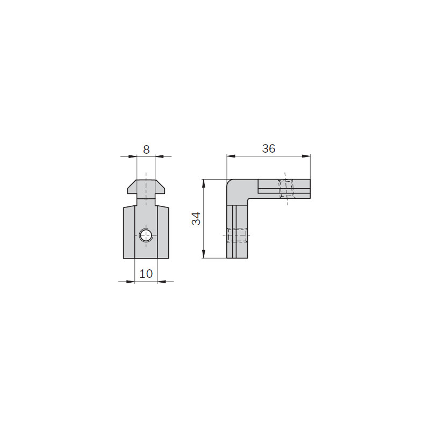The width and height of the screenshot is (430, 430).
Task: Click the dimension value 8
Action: coord(146,150)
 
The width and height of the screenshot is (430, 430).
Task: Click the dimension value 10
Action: coord(146,274)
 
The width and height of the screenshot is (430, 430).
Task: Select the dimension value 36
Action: coord(269,148)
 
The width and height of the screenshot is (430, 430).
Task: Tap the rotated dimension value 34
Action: coord(196,219)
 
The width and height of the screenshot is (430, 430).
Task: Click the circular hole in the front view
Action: coord(146,235)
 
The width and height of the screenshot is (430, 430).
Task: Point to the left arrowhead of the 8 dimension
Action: coord(133,156)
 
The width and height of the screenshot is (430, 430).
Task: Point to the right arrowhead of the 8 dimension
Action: coord(159,156)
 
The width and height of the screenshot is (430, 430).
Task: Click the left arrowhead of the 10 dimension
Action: coord(131,281)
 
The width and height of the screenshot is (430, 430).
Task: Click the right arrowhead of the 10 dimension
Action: coord(162,281)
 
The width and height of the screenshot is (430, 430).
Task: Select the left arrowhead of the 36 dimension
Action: coord(231,156)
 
